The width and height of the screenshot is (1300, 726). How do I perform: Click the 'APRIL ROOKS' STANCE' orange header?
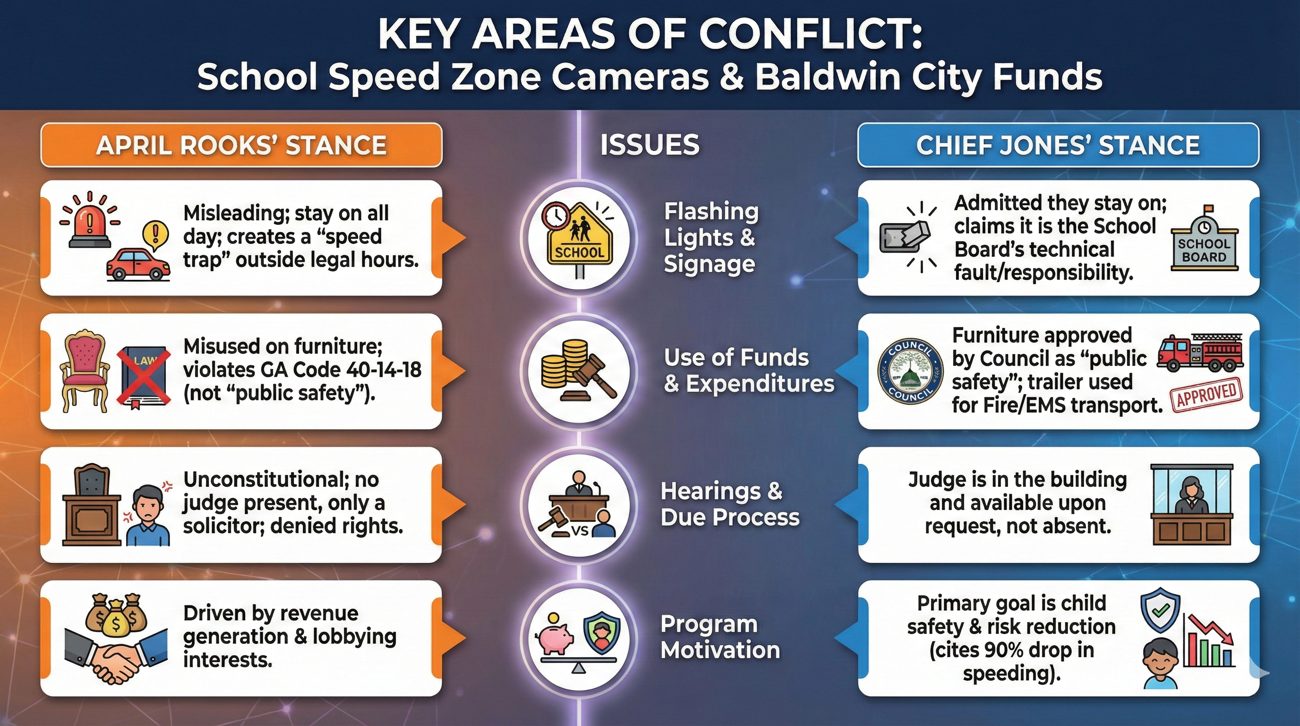(241, 146)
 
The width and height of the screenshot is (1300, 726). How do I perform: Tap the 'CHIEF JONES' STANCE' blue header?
(1058, 146)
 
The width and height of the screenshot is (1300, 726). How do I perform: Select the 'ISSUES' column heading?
(650, 145)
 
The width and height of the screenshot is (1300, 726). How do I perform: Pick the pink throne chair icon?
(84, 371)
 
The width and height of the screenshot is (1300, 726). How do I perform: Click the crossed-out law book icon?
(143, 376)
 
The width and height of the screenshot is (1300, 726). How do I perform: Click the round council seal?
(910, 372)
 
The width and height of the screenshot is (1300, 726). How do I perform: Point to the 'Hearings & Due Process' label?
(730, 504)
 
